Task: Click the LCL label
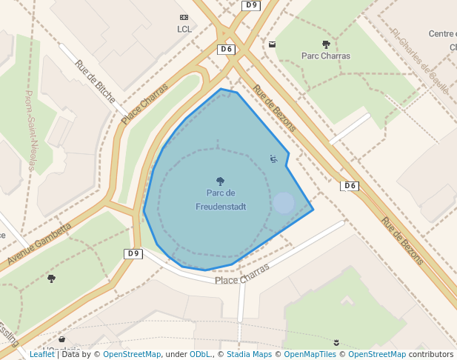coord(184,30)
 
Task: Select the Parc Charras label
coord(326,56)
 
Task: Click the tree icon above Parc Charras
coord(326,44)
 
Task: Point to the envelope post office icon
coord(272,44)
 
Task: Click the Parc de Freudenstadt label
coord(221,200)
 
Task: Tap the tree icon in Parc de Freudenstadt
coord(220,181)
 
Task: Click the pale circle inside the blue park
coord(284,203)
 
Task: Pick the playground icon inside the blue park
coord(273,159)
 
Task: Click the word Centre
coord(442,33)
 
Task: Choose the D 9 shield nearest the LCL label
coord(250,5)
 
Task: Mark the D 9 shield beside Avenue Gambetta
coord(133,253)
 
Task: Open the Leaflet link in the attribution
coord(42,354)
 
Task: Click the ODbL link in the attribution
coord(199,354)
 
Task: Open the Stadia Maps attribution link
coord(249,354)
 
